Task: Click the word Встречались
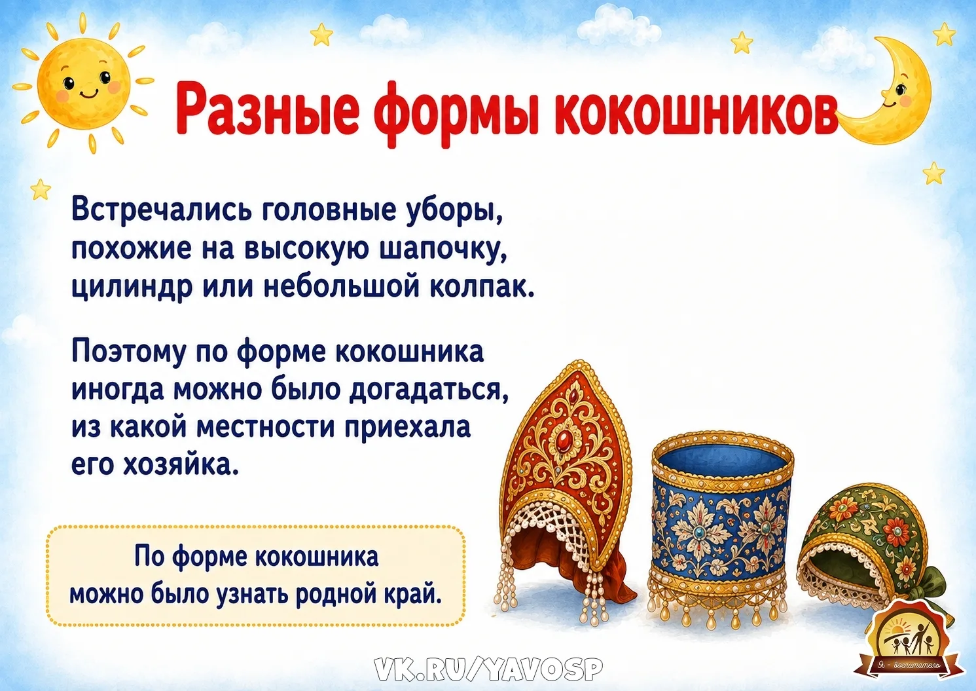pos(160,212)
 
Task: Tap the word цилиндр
pos(132,288)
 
